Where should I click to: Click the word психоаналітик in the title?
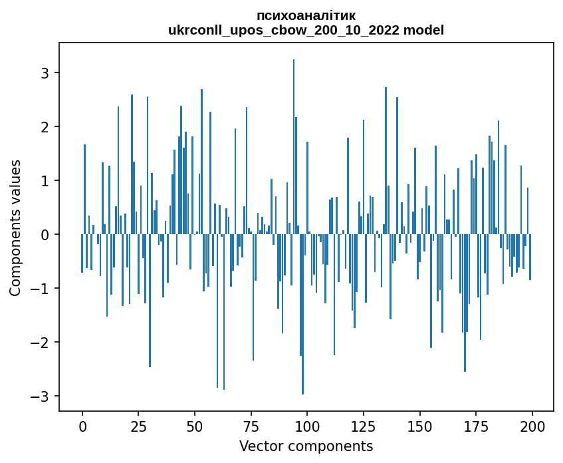point(306,15)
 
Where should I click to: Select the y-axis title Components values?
point(15,228)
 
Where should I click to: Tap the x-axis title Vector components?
point(306,446)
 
